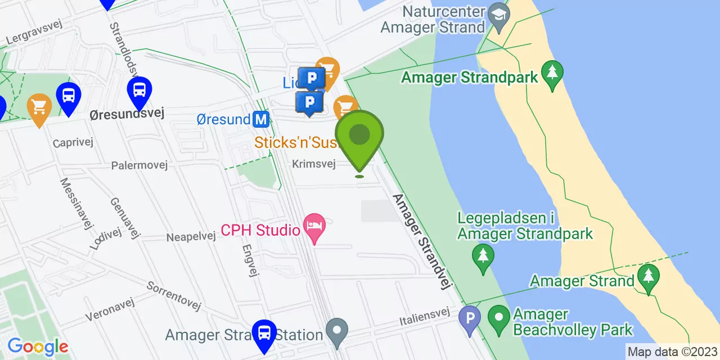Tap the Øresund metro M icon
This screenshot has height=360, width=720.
click(260, 119)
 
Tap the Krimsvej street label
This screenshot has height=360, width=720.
click(314, 164)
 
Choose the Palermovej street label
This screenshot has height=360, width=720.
click(137, 166)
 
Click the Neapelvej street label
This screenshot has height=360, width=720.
click(191, 237)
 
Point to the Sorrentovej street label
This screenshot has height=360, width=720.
click(174, 295)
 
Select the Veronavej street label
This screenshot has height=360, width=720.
click(112, 310)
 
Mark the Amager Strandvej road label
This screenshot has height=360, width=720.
click(423, 242)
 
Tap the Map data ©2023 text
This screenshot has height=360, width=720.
click(673, 352)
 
